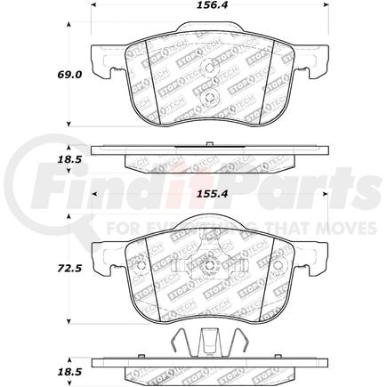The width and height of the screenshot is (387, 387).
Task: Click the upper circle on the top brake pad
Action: pyautogui.click(x=211, y=67)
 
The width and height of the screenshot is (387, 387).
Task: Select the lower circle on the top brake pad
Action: pyautogui.click(x=210, y=97)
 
